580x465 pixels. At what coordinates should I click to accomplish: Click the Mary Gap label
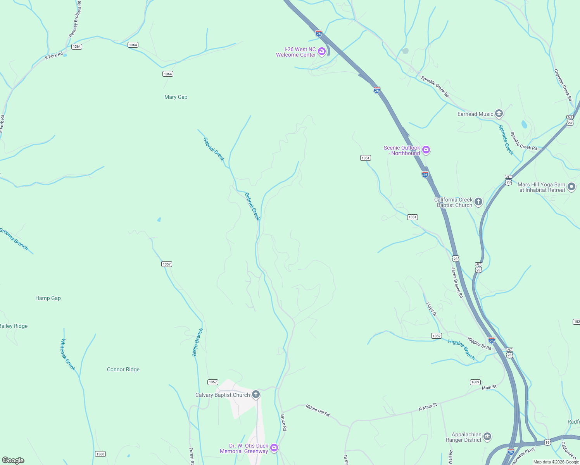click(176, 97)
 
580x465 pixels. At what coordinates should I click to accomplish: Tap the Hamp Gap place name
click(48, 298)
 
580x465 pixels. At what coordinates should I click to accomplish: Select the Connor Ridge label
click(123, 370)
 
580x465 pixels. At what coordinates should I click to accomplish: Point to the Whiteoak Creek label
click(68, 355)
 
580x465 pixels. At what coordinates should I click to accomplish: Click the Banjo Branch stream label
click(198, 342)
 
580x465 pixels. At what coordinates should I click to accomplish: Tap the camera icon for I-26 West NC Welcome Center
click(322, 51)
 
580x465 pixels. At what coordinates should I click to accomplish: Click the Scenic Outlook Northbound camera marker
click(426, 150)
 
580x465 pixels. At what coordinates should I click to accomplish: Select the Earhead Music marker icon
click(499, 114)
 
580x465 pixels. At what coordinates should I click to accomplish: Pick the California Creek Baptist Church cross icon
click(478, 201)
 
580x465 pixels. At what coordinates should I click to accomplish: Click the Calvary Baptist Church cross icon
click(256, 394)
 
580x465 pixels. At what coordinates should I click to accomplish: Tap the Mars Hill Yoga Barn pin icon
click(571, 187)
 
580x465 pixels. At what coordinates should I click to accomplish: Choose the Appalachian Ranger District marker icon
click(487, 437)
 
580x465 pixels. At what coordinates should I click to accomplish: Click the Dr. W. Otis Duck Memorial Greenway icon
click(274, 448)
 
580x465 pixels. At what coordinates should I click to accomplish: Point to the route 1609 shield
click(475, 382)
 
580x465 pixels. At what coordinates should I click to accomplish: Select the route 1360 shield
click(100, 454)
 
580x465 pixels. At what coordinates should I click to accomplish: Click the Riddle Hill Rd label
click(318, 410)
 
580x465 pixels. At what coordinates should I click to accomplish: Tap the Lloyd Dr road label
click(431, 309)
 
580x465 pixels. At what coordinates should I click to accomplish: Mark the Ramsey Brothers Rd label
click(75, 19)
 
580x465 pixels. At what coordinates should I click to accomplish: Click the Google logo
click(13, 460)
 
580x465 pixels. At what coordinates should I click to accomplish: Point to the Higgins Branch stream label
click(461, 349)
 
